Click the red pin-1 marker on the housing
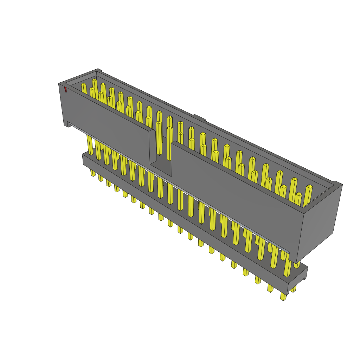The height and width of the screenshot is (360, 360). tap(65, 90)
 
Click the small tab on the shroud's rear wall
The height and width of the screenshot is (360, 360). tap(199, 117)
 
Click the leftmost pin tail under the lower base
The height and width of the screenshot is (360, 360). tap(93, 173)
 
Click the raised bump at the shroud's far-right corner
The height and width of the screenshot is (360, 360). tap(337, 183)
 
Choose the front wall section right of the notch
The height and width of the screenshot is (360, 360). tap(236, 197)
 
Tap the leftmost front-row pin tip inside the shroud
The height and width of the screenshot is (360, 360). tap(83, 85)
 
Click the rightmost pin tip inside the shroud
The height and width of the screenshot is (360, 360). tap(309, 186)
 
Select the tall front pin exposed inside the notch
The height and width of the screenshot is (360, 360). tap(159, 137)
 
